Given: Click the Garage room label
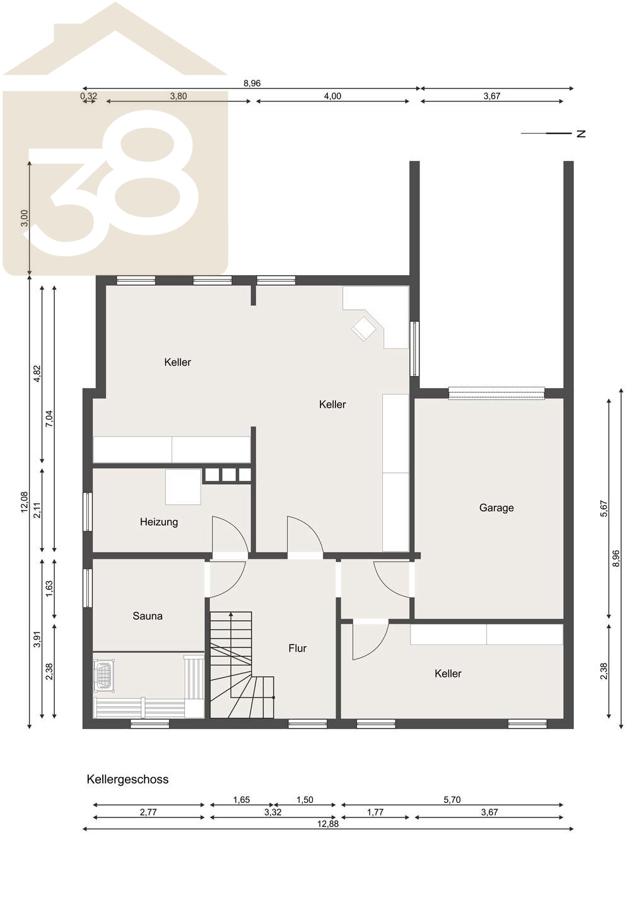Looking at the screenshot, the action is (x=496, y=508).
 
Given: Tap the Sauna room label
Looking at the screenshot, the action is (x=148, y=616).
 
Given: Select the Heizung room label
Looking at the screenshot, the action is (x=159, y=522).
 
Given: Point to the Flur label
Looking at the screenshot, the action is (x=298, y=648).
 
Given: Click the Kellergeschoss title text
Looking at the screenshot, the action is (x=127, y=788).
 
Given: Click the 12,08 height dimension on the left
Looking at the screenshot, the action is (x=25, y=502).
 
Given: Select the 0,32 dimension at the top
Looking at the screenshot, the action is (x=89, y=96).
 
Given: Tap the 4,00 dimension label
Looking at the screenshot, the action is (x=333, y=96).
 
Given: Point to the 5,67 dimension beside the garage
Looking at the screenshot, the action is (x=604, y=509).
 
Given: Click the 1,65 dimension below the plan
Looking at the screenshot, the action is (x=241, y=800).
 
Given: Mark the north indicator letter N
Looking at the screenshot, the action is (x=581, y=134).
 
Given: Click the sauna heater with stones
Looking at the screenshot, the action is (x=104, y=675).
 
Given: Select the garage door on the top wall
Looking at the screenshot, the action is (x=496, y=393).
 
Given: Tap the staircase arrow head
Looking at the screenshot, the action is (x=231, y=615).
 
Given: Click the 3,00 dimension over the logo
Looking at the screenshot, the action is (x=25, y=218).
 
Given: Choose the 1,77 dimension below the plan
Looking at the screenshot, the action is (x=375, y=812).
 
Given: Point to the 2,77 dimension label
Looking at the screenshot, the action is (x=148, y=812).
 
